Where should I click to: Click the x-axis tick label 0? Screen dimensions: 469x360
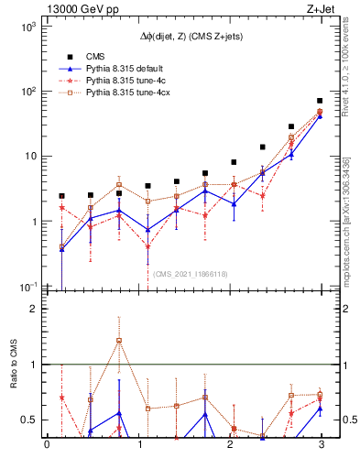tap(47, 446)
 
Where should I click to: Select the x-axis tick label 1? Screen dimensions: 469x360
tap(138, 446)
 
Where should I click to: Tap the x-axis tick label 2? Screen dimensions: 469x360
tap(229, 446)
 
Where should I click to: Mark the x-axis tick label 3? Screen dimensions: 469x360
tap(321, 446)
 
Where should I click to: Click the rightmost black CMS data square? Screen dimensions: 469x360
tap(320, 101)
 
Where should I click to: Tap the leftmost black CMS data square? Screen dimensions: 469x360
tap(61, 196)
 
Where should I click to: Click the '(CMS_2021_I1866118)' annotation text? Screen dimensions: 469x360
tap(191, 273)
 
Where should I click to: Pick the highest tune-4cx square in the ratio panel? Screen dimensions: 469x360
tap(119, 341)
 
